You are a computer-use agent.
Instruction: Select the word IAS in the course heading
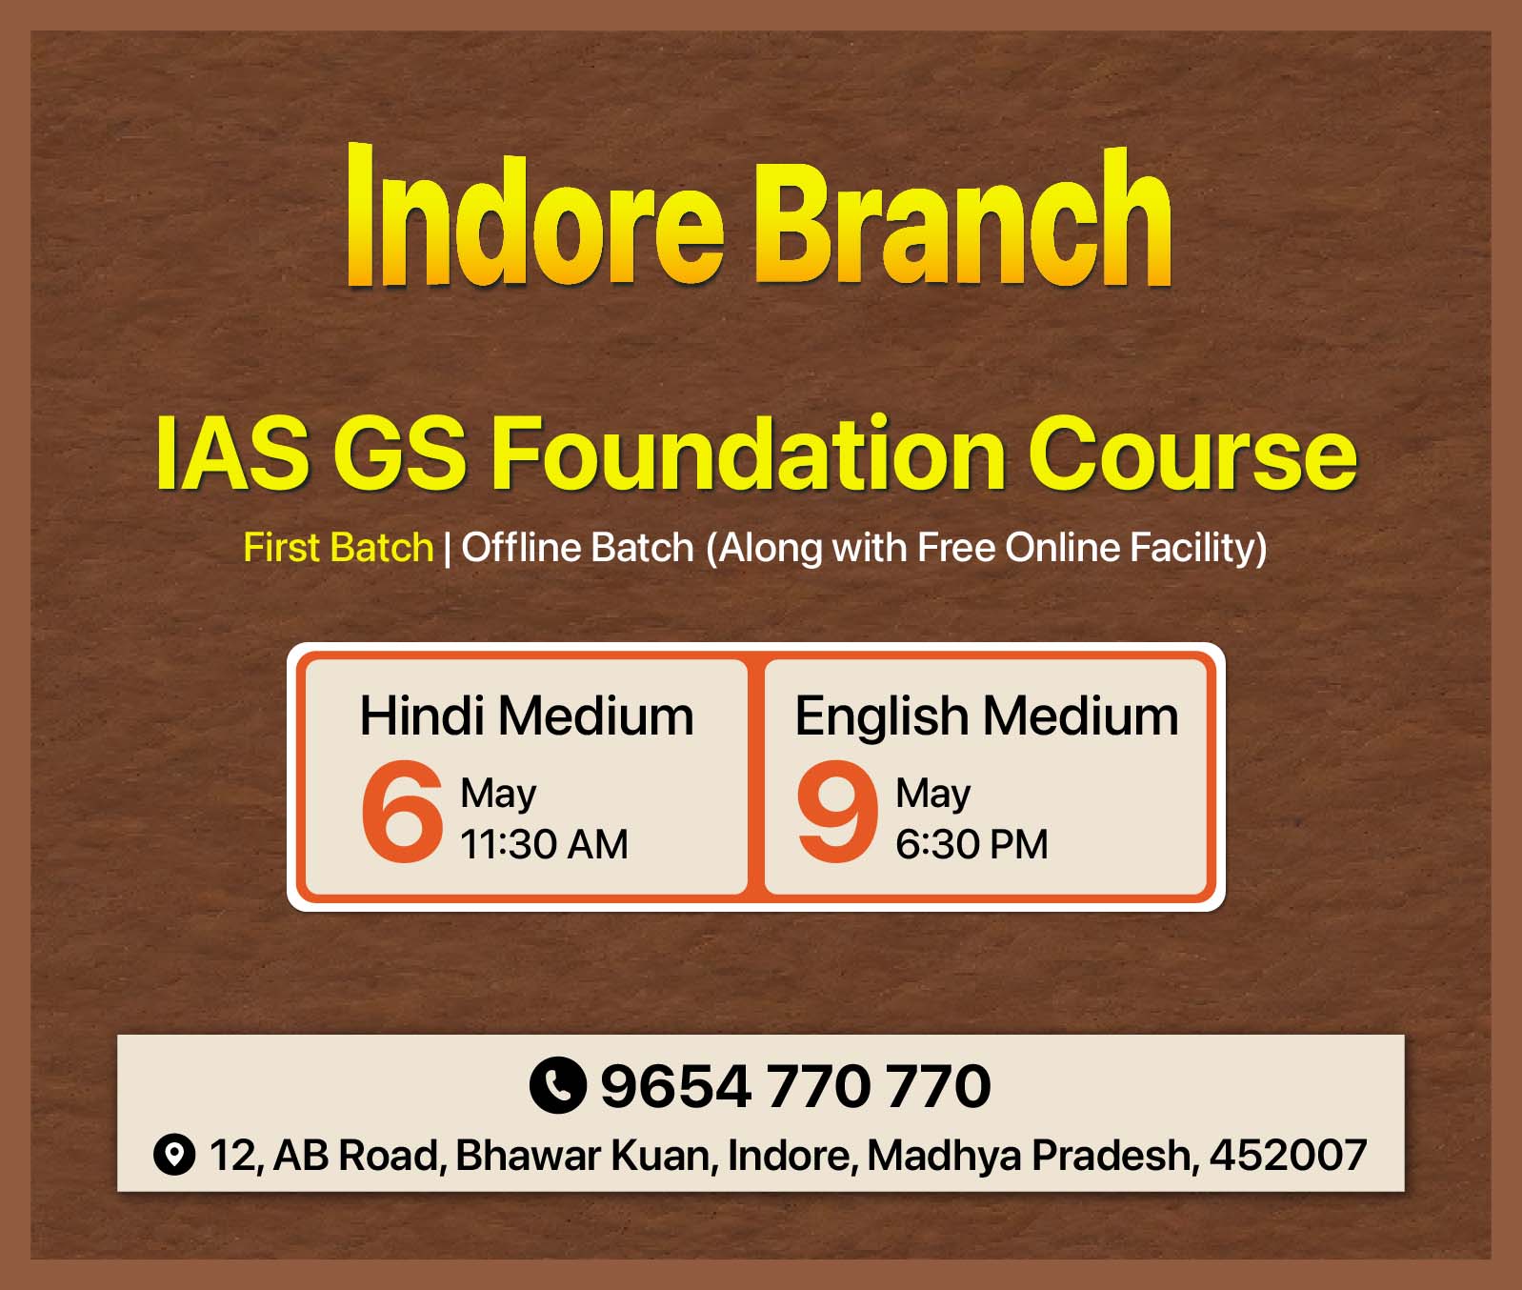(232, 454)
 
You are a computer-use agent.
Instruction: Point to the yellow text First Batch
(338, 548)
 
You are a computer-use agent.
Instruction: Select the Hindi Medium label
(527, 716)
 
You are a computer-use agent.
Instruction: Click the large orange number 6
(402, 812)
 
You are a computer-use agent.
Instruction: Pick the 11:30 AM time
(544, 844)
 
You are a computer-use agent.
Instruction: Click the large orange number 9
(837, 812)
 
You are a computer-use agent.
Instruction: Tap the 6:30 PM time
(971, 844)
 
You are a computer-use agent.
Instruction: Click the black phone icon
(557, 1085)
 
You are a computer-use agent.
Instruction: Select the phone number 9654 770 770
(795, 1086)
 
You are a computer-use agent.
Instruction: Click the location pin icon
(174, 1155)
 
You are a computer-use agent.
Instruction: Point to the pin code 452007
(1288, 1155)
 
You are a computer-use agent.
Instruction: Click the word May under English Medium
(933, 795)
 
